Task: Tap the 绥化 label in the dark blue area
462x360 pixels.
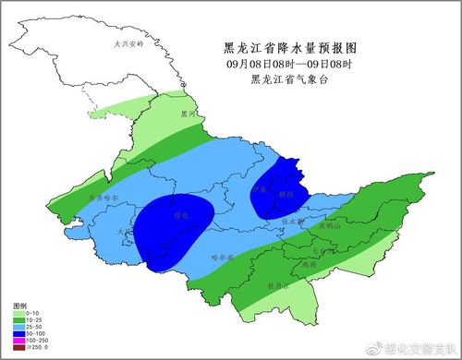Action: (180, 215)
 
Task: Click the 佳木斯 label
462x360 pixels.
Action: (292, 221)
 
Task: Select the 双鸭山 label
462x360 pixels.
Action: (331, 225)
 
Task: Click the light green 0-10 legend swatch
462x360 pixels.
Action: (18, 312)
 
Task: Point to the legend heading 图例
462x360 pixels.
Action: (20, 305)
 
